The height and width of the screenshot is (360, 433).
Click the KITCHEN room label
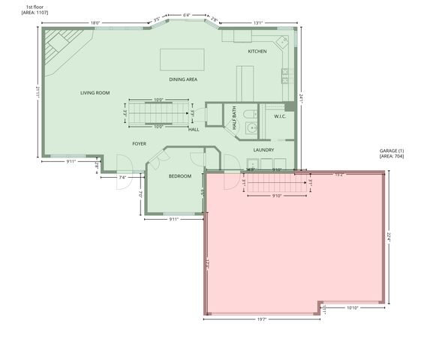pyautogui.click(x=257, y=52)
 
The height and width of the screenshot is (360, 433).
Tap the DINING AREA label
pyautogui.click(x=183, y=79)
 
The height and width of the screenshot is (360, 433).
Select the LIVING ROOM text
pyautogui.click(x=95, y=93)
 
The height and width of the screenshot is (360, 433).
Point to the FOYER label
pyautogui.click(x=139, y=142)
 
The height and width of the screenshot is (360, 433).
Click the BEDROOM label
pyautogui.click(x=179, y=176)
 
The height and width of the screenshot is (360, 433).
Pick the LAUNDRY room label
pyautogui.click(x=263, y=150)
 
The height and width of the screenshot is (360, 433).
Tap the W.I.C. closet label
pyautogui.click(x=280, y=116)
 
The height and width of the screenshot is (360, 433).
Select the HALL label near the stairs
pyautogui.click(x=194, y=129)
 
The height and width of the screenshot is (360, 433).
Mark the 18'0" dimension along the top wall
pyautogui.click(x=96, y=23)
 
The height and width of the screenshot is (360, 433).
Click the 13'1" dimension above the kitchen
pyautogui.click(x=258, y=23)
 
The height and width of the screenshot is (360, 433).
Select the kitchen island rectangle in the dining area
pyautogui.click(x=182, y=59)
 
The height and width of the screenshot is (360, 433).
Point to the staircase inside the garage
pyautogui.click(x=276, y=183)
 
